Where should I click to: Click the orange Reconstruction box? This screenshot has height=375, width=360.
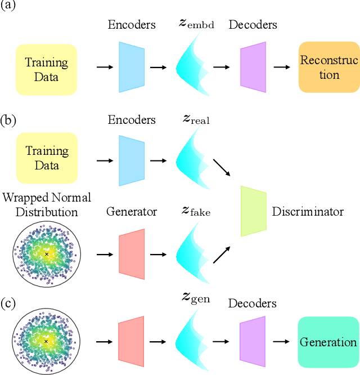point(328,68)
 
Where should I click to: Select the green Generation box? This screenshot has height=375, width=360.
point(328,342)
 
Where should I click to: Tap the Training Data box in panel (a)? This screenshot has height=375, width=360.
point(46,68)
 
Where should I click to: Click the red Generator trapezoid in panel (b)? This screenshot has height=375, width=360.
point(132,254)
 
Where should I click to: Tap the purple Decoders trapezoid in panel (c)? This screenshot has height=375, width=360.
point(253,341)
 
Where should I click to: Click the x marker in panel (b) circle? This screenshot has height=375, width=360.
point(46,255)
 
